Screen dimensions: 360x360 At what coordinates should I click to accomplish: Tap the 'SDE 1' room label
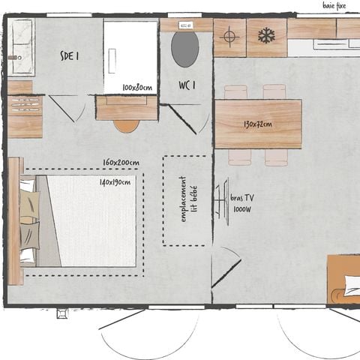[x=71, y=55]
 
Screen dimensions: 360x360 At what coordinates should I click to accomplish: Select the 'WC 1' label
[x=187, y=84]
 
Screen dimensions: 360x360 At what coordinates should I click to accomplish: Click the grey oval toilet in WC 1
[x=185, y=49]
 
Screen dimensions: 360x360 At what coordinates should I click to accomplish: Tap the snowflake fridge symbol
[x=266, y=35]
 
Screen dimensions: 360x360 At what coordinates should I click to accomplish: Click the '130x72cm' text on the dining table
[x=257, y=124]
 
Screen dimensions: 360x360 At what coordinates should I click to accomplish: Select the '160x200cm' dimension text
[x=121, y=163]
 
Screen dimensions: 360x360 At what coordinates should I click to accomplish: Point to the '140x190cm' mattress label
[x=115, y=182]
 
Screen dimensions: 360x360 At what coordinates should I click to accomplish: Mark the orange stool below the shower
[x=126, y=125]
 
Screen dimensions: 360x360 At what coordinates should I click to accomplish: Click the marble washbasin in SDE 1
[x=22, y=46]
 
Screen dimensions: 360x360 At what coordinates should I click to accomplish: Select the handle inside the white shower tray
[x=112, y=61]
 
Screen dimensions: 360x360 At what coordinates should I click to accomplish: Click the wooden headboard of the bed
[x=15, y=221]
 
